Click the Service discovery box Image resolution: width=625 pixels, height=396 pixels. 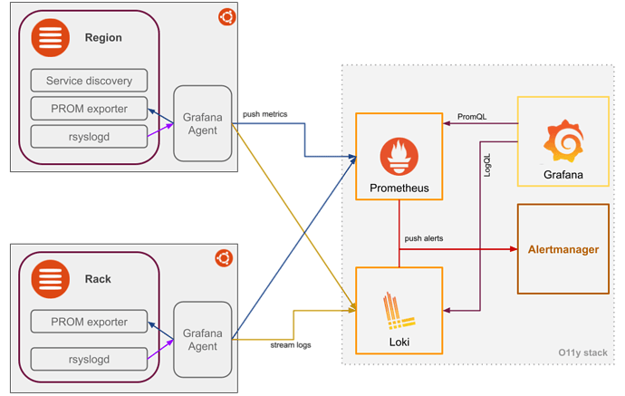coord(88,81)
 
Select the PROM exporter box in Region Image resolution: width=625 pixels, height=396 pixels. coord(88,109)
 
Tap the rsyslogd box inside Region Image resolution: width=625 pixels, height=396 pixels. coord(88,137)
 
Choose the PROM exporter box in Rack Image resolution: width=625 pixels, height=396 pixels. coord(88,321)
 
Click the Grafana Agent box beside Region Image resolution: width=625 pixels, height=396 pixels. coord(202,122)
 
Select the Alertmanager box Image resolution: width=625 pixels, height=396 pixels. coord(563,248)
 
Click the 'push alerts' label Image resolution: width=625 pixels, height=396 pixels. coord(424,238)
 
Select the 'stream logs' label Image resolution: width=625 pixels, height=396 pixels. coord(291,344)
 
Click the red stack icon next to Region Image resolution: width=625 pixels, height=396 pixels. coord(50,37)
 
